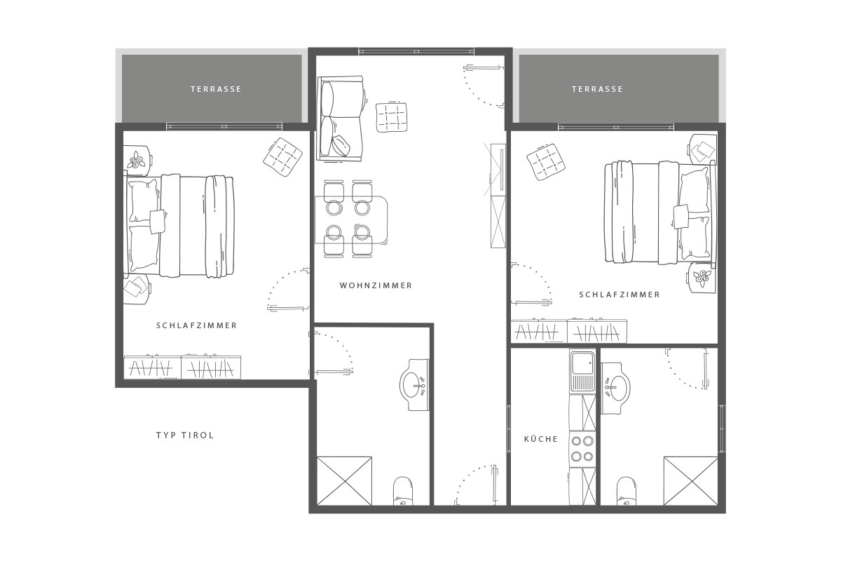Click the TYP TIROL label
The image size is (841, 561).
(185, 435)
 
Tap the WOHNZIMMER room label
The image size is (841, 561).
(376, 285)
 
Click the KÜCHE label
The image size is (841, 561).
(540, 439)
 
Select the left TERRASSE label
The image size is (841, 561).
(216, 89)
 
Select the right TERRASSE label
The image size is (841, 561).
(597, 89)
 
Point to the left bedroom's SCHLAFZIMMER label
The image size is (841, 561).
(197, 325)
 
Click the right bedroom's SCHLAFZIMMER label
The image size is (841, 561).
(620, 295)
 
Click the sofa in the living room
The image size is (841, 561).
(341, 119)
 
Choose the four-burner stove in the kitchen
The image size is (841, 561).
(582, 449)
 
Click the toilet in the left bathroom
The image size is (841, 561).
(403, 491)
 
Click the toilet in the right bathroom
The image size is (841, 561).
(627, 491)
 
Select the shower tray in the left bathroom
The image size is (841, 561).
(344, 481)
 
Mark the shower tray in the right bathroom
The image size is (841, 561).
(691, 481)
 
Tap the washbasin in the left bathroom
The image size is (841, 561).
(414, 385)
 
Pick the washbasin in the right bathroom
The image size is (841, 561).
(616, 388)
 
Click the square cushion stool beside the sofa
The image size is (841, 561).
(392, 117)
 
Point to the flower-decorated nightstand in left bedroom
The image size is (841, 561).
(137, 161)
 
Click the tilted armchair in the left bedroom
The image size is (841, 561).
(282, 158)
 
